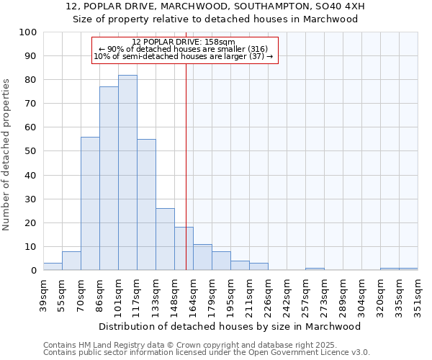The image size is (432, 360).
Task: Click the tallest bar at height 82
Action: coord(127,173)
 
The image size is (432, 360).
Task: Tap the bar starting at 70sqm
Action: coord(90,204)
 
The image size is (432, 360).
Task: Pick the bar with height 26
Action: coord(165,239)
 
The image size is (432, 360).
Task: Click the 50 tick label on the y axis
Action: coord(30,151)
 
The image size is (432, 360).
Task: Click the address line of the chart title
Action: coord(215,6)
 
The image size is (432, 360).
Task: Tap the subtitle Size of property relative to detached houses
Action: coord(215,19)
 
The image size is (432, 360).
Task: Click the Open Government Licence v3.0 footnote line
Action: coord(206,353)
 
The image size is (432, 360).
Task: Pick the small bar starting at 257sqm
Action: coord(315,269)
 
